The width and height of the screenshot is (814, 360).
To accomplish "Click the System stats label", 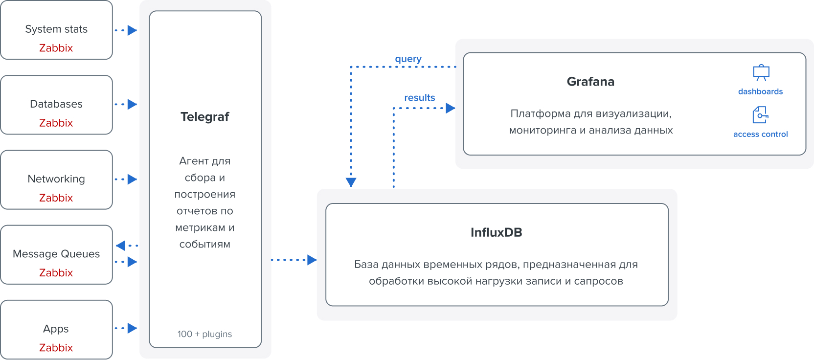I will click(x=56, y=29).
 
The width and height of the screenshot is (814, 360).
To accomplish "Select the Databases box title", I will click(x=56, y=104).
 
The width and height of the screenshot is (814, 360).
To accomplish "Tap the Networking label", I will click(x=56, y=179).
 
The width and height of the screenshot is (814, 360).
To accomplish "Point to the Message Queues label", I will click(x=56, y=254).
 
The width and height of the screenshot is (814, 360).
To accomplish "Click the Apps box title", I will click(x=56, y=329).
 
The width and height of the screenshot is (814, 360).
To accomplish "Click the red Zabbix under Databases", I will click(x=56, y=123).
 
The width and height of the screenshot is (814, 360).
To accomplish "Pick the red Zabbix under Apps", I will click(x=56, y=348).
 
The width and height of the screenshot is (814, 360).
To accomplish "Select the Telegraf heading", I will click(x=205, y=117).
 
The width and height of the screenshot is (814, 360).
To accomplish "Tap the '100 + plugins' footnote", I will click(x=204, y=334).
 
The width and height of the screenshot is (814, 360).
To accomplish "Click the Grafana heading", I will click(x=590, y=82).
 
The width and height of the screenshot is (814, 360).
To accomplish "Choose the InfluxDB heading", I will click(x=497, y=232).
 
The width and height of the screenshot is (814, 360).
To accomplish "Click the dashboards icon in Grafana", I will click(x=761, y=73).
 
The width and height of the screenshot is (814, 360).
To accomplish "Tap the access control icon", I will click(x=760, y=115).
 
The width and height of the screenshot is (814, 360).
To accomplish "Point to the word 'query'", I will click(x=408, y=59).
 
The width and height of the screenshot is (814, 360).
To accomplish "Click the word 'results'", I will click(x=419, y=98).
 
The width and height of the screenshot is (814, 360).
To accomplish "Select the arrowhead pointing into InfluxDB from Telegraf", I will click(x=312, y=260).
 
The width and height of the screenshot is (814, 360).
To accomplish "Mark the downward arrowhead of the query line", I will click(x=351, y=182).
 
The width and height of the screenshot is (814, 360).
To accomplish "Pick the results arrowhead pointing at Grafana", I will click(x=450, y=108).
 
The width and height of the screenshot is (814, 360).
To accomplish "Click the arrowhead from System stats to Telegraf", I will click(x=132, y=30).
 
